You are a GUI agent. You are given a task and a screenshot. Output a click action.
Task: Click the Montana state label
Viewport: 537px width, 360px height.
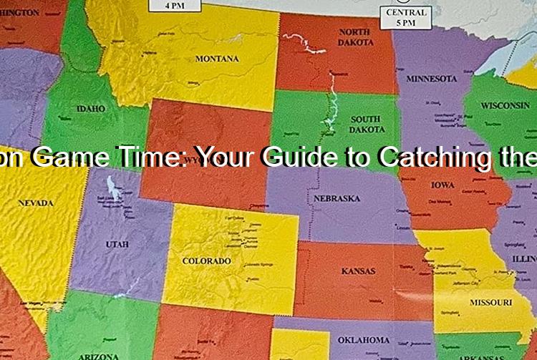pyautogui.click(x=217, y=59)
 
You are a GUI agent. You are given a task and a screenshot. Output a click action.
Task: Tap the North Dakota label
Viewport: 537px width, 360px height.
pyautogui.click(x=355, y=37)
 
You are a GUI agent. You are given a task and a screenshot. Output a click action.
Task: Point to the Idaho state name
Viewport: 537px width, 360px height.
pyautogui.click(x=91, y=109)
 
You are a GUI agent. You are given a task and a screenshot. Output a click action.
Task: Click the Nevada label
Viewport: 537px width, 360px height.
pyautogui.click(x=36, y=203)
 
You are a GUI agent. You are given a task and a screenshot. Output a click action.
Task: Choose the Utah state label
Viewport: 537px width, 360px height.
pyautogui.click(x=117, y=244)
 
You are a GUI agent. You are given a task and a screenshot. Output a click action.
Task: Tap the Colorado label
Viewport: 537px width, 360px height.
pyautogui.click(x=206, y=261)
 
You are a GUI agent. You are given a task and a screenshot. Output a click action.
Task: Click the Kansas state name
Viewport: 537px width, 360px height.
pyautogui.click(x=358, y=272)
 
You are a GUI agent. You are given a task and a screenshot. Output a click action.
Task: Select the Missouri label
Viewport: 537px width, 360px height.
pyautogui.click(x=490, y=302)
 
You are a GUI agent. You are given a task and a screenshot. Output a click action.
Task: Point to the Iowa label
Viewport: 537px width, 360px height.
pyautogui.click(x=442, y=185)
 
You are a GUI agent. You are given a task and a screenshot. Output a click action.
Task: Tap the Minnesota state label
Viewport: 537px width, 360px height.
pyautogui.click(x=432, y=78)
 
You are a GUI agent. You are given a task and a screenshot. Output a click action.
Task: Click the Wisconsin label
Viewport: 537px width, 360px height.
pyautogui.click(x=505, y=105)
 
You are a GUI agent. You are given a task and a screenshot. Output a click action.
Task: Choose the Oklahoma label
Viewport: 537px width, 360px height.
pyautogui.click(x=364, y=339)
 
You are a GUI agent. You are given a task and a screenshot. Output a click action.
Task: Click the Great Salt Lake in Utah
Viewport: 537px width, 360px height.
pyautogui.click(x=112, y=188)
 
